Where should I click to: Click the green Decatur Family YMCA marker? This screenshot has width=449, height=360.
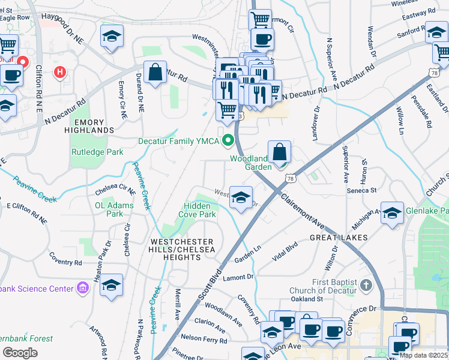pyautogui.click(x=228, y=142)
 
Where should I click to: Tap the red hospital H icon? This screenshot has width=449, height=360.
pyautogui.click(x=59, y=73)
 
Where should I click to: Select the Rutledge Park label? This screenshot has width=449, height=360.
pyautogui.click(x=97, y=152)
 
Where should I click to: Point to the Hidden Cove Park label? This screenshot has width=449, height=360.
pyautogui.click(x=199, y=210)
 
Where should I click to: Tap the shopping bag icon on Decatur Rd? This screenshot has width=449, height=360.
pyautogui.click(x=155, y=73)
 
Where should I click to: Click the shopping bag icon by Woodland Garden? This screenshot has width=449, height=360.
pyautogui.click(x=280, y=152)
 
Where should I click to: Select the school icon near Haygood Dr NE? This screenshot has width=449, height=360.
pyautogui.click(x=112, y=36)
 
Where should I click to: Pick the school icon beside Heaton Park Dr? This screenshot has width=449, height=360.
pyautogui.click(x=112, y=285)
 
